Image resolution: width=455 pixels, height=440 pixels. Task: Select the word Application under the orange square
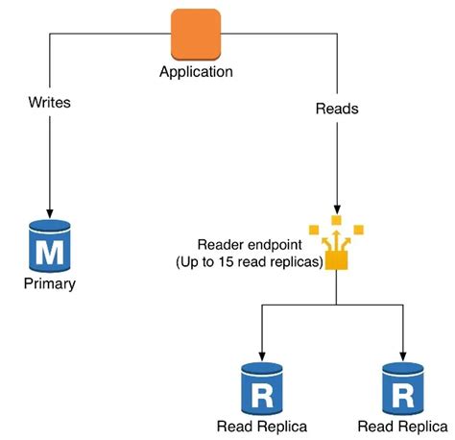(196, 72)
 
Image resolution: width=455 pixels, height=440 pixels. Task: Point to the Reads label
(336, 109)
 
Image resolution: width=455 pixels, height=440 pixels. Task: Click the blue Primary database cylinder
(50, 247)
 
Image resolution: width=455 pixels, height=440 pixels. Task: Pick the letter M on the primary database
(50, 253)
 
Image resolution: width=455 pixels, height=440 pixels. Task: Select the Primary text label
(50, 284)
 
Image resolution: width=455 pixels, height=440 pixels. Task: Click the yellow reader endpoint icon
(336, 243)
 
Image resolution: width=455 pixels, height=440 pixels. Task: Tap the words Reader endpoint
(244, 245)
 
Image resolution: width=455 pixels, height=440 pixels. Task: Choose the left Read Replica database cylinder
(260, 387)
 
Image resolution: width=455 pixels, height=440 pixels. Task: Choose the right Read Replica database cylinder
(403, 387)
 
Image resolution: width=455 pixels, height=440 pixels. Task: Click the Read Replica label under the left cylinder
(260, 426)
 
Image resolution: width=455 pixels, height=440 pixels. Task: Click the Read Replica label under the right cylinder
(401, 426)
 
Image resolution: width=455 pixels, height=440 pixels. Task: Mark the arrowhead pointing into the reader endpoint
(336, 208)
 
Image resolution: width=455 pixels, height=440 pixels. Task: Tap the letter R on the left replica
(260, 394)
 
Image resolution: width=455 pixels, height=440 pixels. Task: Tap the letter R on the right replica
(403, 394)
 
